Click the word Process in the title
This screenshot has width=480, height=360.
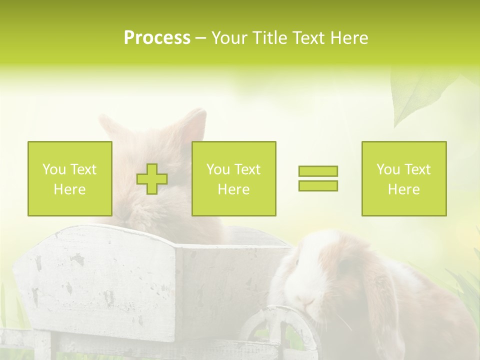157,38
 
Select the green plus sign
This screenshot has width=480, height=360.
152,179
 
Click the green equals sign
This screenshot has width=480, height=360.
318,178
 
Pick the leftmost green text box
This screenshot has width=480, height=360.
70,178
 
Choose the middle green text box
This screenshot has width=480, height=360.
233,178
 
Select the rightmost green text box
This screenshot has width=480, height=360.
404,178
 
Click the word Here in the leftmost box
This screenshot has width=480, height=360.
70,189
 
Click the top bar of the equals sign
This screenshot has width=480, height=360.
318,171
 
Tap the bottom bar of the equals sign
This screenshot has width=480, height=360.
318,186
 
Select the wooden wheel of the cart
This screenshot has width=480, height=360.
280,330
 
